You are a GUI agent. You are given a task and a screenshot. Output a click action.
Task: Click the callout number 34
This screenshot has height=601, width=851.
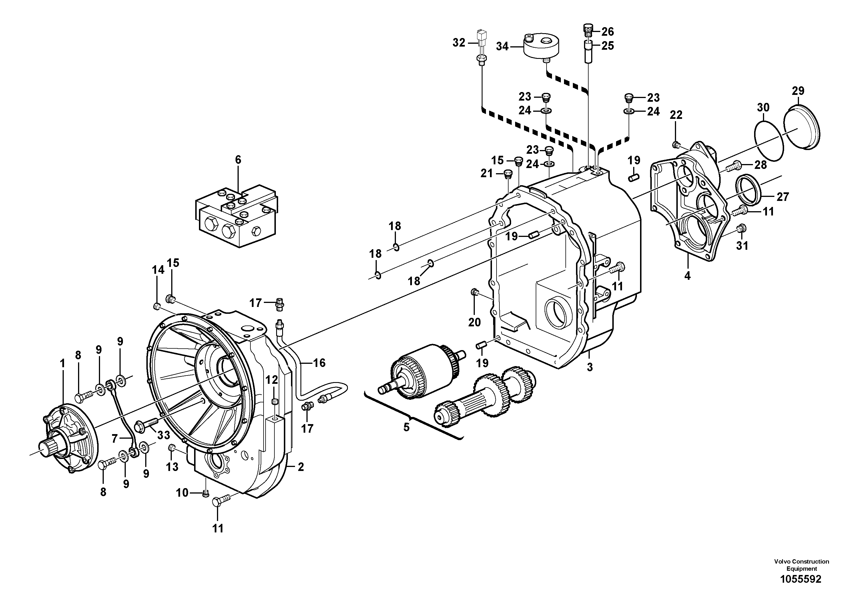[502, 47]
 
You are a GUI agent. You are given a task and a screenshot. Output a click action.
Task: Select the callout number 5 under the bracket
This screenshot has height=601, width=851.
[406, 427]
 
